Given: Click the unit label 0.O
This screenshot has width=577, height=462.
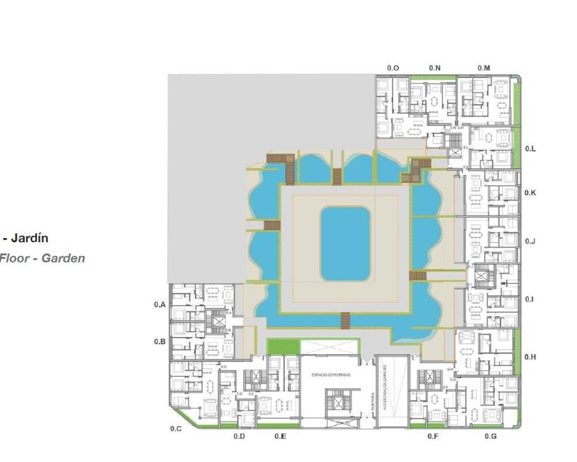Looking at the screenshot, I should (393, 68).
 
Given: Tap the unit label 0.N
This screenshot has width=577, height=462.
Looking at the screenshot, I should (435, 68).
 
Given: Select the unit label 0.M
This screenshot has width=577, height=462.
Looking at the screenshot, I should (484, 68).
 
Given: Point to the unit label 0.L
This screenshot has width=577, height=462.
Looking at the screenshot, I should (531, 149).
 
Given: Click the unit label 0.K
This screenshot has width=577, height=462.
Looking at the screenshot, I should (530, 193).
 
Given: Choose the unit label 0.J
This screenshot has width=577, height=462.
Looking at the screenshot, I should (530, 241).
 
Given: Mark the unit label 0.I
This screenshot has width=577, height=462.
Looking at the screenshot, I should (530, 299).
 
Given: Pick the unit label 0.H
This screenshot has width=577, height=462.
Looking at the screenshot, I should (530, 357).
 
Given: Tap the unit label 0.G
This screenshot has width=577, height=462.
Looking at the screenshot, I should (491, 436).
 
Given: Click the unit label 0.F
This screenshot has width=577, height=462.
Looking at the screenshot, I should (433, 436).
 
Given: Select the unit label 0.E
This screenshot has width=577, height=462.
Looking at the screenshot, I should (280, 436).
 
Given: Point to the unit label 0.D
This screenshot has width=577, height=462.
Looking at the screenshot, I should (239, 436).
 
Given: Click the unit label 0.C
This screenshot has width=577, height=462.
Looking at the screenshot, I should (176, 429).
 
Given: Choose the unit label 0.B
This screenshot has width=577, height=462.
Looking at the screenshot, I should (160, 342).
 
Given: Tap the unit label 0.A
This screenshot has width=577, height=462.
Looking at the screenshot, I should (160, 305).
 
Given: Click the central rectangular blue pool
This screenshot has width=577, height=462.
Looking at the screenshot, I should (345, 244).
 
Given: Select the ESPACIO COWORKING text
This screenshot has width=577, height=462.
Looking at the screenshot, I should (330, 375).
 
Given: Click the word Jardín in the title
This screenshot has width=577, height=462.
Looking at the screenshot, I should (29, 238).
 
